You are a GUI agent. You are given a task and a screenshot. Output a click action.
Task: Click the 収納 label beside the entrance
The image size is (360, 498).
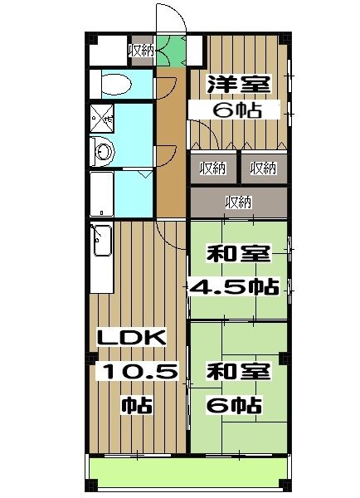coord(140,50)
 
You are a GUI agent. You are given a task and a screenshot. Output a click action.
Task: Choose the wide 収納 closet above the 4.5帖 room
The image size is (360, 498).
coord(239,201)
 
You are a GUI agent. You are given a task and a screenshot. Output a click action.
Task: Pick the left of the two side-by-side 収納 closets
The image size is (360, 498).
coord(213,168)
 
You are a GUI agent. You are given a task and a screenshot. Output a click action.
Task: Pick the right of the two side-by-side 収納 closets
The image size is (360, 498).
coord(263,168)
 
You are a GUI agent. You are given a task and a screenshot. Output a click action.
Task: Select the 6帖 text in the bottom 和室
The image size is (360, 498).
coord(235,406)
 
